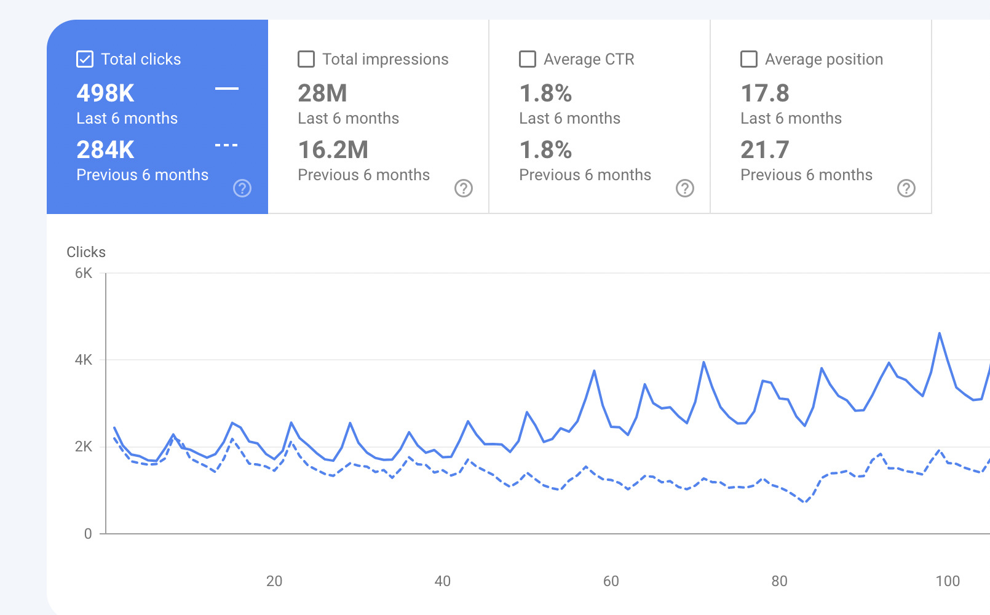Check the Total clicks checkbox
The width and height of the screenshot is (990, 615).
pos(85,59)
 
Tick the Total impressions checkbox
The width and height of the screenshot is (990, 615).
pos(306,59)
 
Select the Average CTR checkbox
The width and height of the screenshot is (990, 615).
pos(528,59)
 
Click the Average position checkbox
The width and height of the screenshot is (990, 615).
pos(749,59)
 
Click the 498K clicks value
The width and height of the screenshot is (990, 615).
pos(105,93)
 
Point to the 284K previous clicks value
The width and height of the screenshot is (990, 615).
pos(105,150)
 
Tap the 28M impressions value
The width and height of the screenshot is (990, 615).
pos(322,93)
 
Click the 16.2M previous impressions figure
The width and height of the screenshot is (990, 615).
pos(333,150)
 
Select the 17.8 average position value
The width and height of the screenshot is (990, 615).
pos(764,93)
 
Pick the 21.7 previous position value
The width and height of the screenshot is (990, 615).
pos(764,150)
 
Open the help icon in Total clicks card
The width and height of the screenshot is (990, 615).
pos(242,188)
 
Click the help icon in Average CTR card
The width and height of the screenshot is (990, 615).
pos(685,188)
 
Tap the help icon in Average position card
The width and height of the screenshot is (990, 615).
pos(906,188)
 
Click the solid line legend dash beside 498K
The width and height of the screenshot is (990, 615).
pos(226,89)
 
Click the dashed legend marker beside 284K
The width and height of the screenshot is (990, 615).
pos(226,145)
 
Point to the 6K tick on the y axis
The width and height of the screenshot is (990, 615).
pos(84,273)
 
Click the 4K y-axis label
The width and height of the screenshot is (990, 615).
pos(84,360)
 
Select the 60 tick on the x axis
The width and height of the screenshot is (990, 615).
pos(611,581)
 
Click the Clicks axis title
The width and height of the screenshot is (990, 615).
pos(86,252)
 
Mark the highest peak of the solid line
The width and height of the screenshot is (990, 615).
pos(939,333)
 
